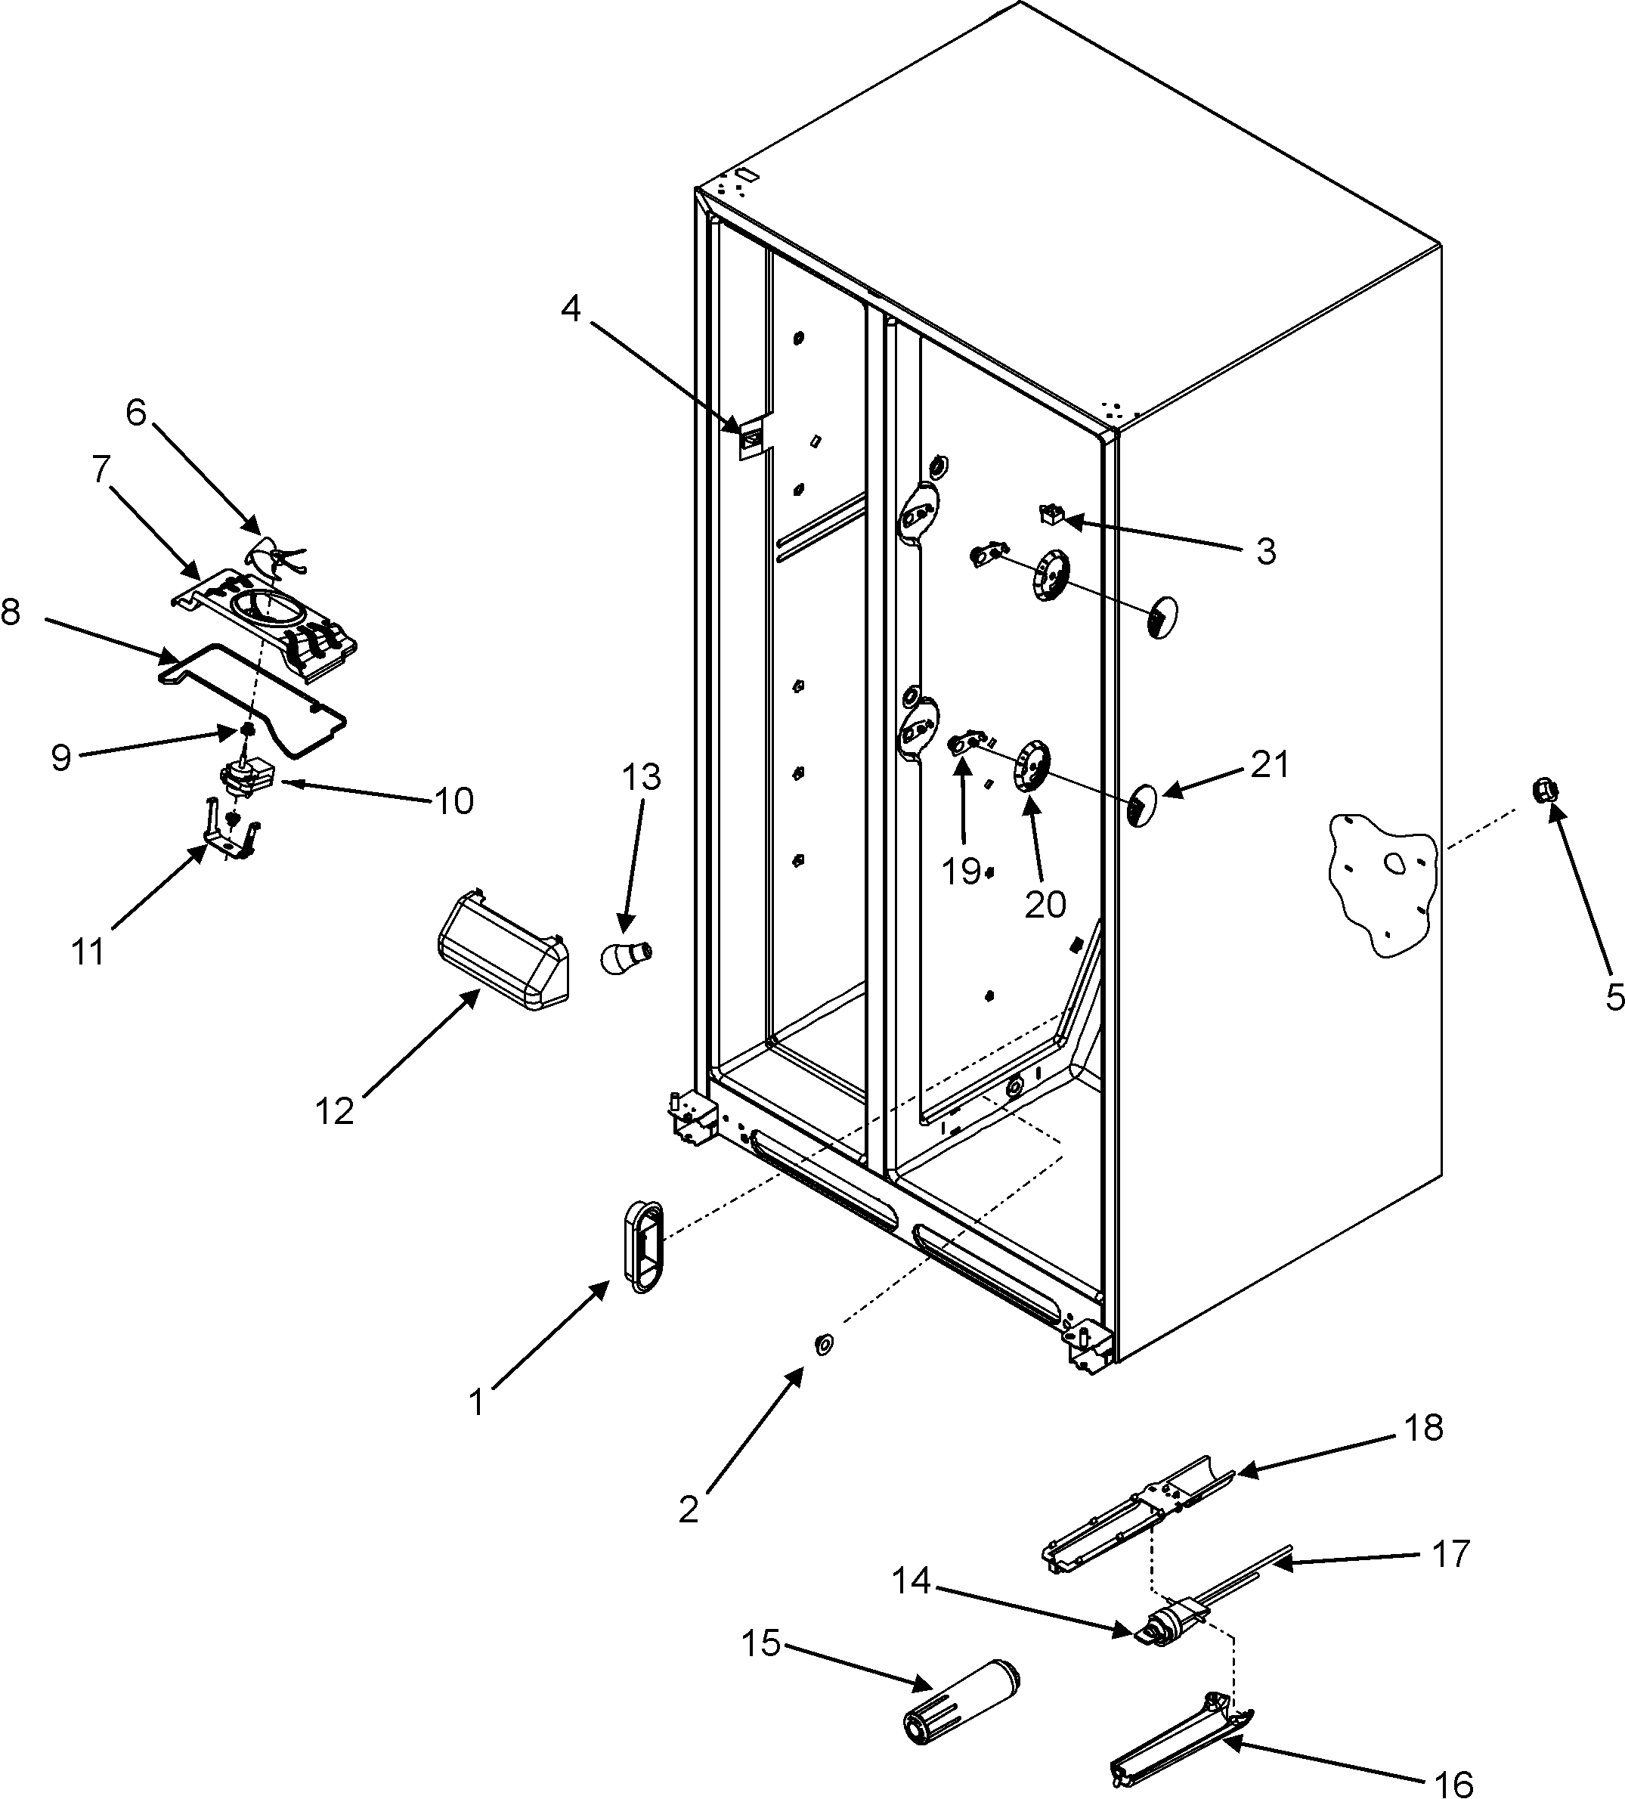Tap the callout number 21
pos(1269,765)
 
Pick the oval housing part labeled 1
pos(644,1246)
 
